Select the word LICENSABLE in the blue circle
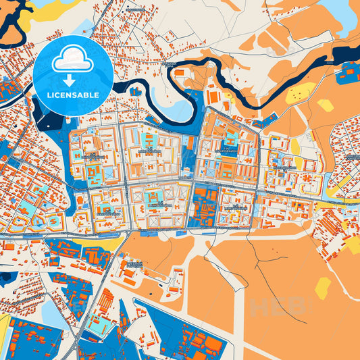click(x=73, y=95)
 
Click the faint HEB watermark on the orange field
click(x=270, y=307)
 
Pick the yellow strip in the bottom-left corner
click(x=3, y=331)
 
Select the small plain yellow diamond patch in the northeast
click(x=326, y=105)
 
